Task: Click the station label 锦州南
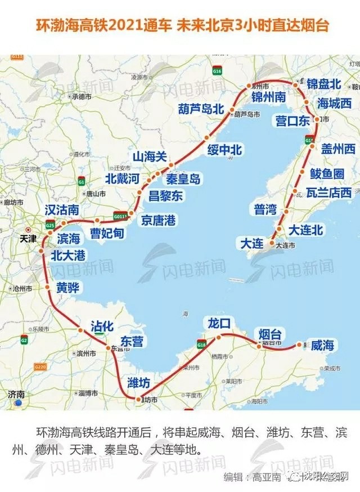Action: click(x=269, y=97)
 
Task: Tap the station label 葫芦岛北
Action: click(x=201, y=109)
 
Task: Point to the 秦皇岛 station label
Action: click(x=183, y=180)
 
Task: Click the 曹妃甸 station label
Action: click(x=107, y=233)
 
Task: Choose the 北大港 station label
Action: click(x=68, y=256)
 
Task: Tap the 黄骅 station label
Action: click(x=68, y=289)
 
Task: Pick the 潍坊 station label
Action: click(x=139, y=383)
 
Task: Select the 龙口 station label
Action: click(x=219, y=324)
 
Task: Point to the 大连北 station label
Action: click(x=306, y=230)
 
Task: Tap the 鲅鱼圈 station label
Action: click(x=327, y=173)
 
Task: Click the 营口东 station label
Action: click(x=292, y=120)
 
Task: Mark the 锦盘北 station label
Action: click(x=324, y=84)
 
